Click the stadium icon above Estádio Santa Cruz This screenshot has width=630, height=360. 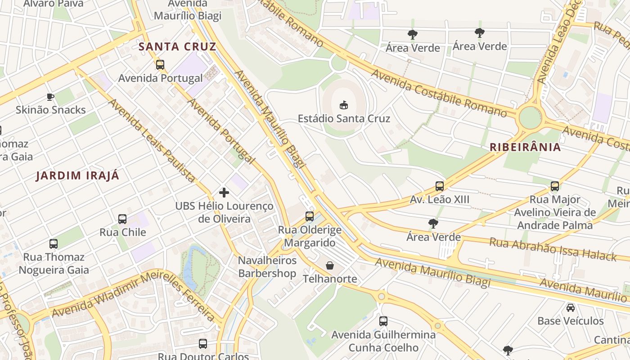[x=344, y=105]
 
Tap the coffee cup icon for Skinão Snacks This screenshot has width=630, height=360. [x=50, y=97]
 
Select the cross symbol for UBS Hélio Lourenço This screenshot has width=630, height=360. [x=224, y=193]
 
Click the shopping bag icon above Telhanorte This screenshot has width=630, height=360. [x=330, y=265]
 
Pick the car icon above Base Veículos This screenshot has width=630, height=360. [x=571, y=308]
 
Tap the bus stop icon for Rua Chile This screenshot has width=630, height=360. [x=122, y=219]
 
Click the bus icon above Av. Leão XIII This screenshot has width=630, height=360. [x=440, y=186]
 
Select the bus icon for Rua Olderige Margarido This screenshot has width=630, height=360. [x=310, y=216]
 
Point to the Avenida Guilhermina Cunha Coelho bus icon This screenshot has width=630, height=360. [x=383, y=321]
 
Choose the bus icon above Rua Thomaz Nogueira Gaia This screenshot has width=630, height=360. [x=54, y=244]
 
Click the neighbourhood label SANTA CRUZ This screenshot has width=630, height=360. [x=177, y=46]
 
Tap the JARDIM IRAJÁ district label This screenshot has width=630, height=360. [x=78, y=175]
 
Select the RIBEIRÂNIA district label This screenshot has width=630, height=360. [x=525, y=147]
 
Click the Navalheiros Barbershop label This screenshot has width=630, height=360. [x=267, y=267]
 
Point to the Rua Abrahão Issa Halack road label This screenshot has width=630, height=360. [x=553, y=249]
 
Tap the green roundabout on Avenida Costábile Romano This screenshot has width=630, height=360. [x=530, y=117]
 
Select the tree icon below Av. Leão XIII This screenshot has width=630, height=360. [x=433, y=223]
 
